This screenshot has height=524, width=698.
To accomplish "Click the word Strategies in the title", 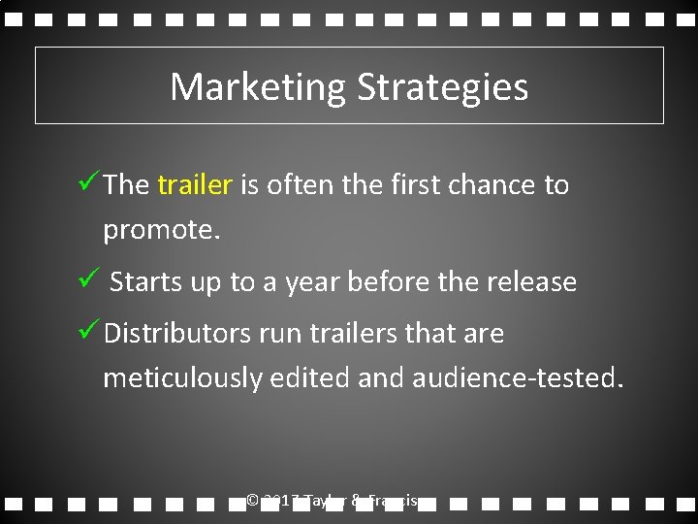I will [x=442, y=87].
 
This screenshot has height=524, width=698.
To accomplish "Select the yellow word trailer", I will [x=194, y=184].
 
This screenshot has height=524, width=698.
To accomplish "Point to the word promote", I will [x=161, y=231].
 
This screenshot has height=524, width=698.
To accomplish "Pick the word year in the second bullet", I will [x=310, y=282].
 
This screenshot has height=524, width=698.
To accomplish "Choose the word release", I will [x=533, y=282].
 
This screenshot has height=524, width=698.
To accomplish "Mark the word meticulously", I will [x=182, y=377].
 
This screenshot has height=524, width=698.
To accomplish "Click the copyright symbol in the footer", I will [x=252, y=501].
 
